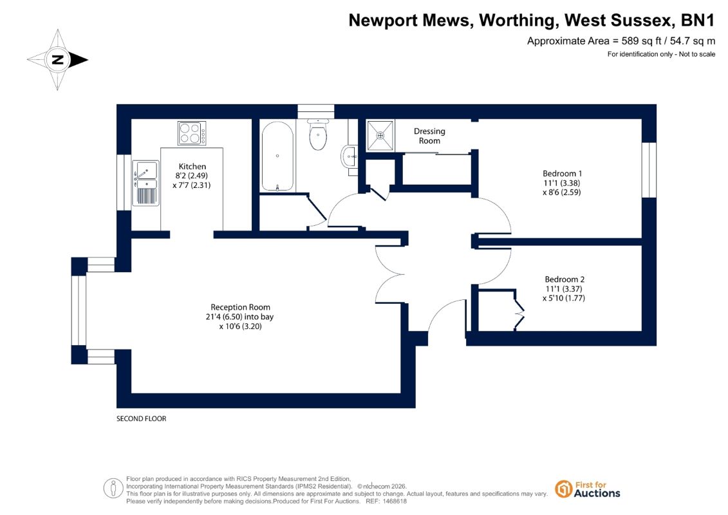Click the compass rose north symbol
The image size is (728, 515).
pos(57,59)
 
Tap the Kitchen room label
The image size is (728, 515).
pos(192,166)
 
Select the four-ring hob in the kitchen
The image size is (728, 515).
pos(192,133)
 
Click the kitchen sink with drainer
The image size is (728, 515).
pos(145,183)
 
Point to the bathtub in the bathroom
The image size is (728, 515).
pos(277,156)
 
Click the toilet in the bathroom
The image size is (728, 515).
pos(318,134)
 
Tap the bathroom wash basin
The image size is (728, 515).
pos(350,156)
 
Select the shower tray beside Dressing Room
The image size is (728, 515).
pos(380,136)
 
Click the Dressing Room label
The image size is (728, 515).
pos(429,136)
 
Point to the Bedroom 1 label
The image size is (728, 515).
pos(562,173)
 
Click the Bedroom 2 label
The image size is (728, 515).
pos(565,279)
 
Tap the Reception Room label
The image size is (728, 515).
pos(240,307)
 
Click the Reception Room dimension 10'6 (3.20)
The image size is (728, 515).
pos(241,326)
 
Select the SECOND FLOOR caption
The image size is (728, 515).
pos(141,418)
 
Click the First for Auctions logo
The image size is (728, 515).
pos(588,489)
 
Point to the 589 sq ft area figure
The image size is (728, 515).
pos(641,41)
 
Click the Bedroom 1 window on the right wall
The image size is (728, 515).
pos(649,170)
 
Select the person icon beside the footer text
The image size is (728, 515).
pos(113,489)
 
